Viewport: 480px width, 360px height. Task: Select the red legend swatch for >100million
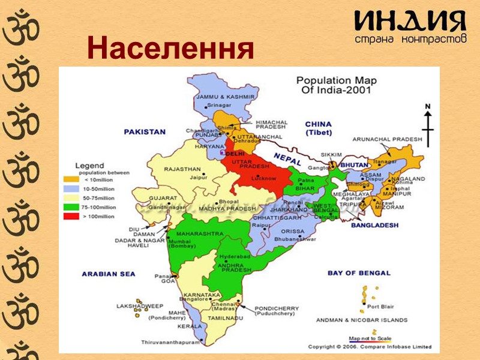click(71, 216)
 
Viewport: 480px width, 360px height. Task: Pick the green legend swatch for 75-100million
click(71, 206)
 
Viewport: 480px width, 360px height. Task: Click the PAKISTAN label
click(144, 131)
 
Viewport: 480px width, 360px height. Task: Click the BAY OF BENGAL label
click(359, 273)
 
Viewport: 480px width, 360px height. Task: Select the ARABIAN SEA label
click(109, 274)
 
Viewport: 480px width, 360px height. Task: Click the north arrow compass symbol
click(428, 124)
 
